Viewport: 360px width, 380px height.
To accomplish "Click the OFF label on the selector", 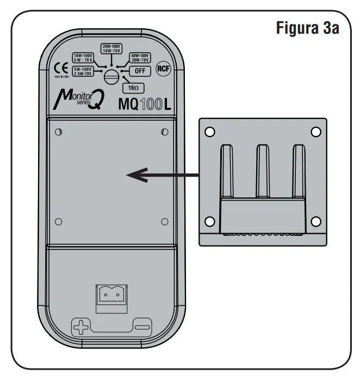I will pyautogui.click(x=139, y=71).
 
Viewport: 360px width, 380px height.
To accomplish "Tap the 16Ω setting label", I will pyautogui.click(x=133, y=87).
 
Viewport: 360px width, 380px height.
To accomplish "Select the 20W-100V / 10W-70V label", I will pyautogui.click(x=111, y=48).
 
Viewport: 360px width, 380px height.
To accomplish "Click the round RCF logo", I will pyautogui.click(x=162, y=68).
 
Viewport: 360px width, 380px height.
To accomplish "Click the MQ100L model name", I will pyautogui.click(x=144, y=104).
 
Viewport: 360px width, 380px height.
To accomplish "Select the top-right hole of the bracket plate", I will pyautogui.click(x=315, y=132).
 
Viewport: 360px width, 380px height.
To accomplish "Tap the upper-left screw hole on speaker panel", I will pyautogui.click(x=59, y=132).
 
